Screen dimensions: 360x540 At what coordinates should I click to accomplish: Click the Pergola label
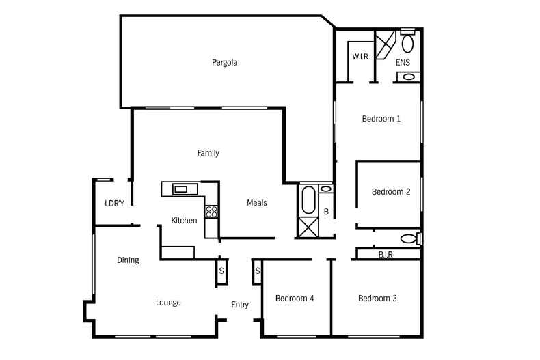pyautogui.click(x=224, y=63)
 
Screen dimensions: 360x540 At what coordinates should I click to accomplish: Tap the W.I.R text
pyautogui.click(x=360, y=57)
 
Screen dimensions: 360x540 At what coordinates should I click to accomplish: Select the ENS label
pyautogui.click(x=403, y=63)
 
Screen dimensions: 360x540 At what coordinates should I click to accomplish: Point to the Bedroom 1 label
pyautogui.click(x=381, y=119)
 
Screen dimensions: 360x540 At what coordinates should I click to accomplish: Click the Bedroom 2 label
pyautogui.click(x=390, y=192)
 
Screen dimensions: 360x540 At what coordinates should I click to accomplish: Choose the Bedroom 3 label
pyautogui.click(x=377, y=299)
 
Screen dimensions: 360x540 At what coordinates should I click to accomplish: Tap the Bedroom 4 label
pyautogui.click(x=295, y=299)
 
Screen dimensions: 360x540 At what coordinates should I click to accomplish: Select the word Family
pyautogui.click(x=208, y=153)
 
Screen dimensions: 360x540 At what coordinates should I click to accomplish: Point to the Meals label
pyautogui.click(x=257, y=203)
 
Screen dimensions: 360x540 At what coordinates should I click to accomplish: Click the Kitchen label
pyautogui.click(x=184, y=221)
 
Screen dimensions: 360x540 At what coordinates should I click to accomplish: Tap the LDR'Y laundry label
pyautogui.click(x=114, y=204)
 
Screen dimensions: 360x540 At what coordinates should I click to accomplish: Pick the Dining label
pyautogui.click(x=128, y=260)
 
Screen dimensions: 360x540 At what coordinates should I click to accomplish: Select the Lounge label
pyautogui.click(x=168, y=303)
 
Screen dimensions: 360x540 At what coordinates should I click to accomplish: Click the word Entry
pyautogui.click(x=240, y=305)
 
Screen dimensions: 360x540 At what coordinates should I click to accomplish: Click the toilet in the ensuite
pyautogui.click(x=407, y=43)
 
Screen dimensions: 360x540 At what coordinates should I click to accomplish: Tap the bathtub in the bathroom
pyautogui.click(x=307, y=200)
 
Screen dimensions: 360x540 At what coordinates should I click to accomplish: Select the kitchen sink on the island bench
pyautogui.click(x=182, y=189)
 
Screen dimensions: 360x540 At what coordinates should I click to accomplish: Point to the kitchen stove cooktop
pyautogui.click(x=212, y=212)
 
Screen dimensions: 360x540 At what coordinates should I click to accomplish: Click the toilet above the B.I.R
pyautogui.click(x=409, y=238)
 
